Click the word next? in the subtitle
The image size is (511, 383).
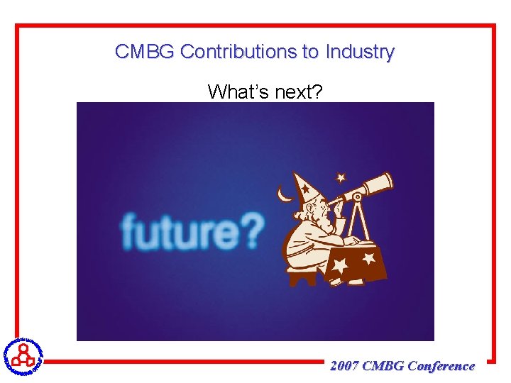tap(296, 91)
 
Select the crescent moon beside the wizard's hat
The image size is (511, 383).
tap(285, 194)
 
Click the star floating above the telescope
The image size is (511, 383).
tap(341, 177)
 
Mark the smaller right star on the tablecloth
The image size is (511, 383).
tap(368, 259)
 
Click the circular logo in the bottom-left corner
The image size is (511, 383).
tap(23, 355)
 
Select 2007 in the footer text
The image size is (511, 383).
tap(344, 366)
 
